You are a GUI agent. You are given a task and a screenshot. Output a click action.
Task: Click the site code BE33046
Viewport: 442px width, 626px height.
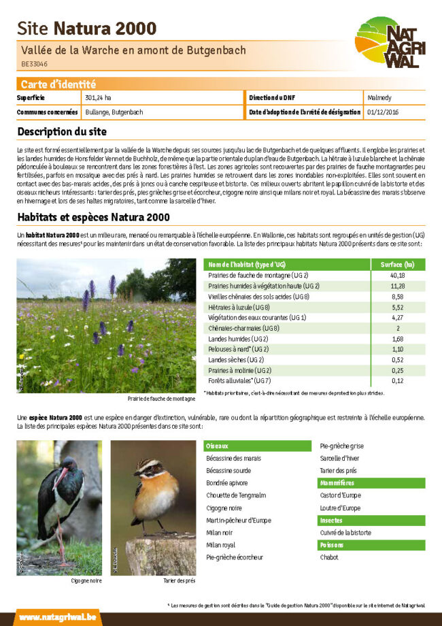pos(35,64)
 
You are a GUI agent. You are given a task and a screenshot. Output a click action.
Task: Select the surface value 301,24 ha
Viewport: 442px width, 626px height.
pos(99,98)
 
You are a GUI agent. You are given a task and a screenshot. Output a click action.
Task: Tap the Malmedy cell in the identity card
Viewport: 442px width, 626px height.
pos(379,98)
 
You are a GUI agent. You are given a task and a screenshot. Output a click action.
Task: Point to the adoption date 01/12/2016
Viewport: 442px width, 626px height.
pos(383,112)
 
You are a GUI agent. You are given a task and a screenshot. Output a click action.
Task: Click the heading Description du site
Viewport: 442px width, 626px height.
pos(62,131)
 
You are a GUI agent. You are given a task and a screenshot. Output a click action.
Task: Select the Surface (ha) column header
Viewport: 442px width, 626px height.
pos(397,264)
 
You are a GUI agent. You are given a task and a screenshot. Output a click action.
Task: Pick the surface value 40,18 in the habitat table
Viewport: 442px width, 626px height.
pos(397,276)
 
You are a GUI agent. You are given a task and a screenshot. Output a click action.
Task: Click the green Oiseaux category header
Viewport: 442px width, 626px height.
pos(217,446)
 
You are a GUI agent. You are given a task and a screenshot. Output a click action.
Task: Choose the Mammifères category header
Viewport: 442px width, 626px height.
pos(337,483)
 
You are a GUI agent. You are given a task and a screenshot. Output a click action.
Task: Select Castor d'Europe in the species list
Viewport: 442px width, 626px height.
pos(341,495)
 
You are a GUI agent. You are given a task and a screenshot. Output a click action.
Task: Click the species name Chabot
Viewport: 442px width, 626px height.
pos(329,557)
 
